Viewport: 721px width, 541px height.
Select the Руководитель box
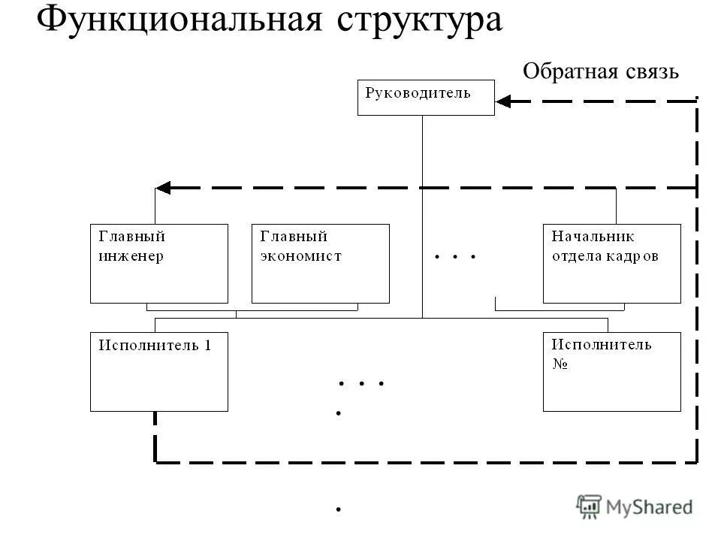point(426,98)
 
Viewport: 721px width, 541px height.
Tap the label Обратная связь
point(600,71)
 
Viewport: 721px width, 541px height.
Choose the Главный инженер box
point(158,263)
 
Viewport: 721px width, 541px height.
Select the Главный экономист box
point(320,263)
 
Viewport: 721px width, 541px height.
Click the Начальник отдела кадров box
point(611,263)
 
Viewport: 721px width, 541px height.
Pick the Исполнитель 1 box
point(158,371)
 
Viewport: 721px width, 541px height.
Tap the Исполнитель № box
point(611,371)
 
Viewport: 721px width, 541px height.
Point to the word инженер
point(131,255)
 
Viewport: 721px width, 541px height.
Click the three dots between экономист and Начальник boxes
point(455,257)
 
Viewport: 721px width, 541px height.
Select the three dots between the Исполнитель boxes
point(361,383)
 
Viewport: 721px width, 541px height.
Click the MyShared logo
point(635,507)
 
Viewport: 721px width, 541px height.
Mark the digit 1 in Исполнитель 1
point(208,346)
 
